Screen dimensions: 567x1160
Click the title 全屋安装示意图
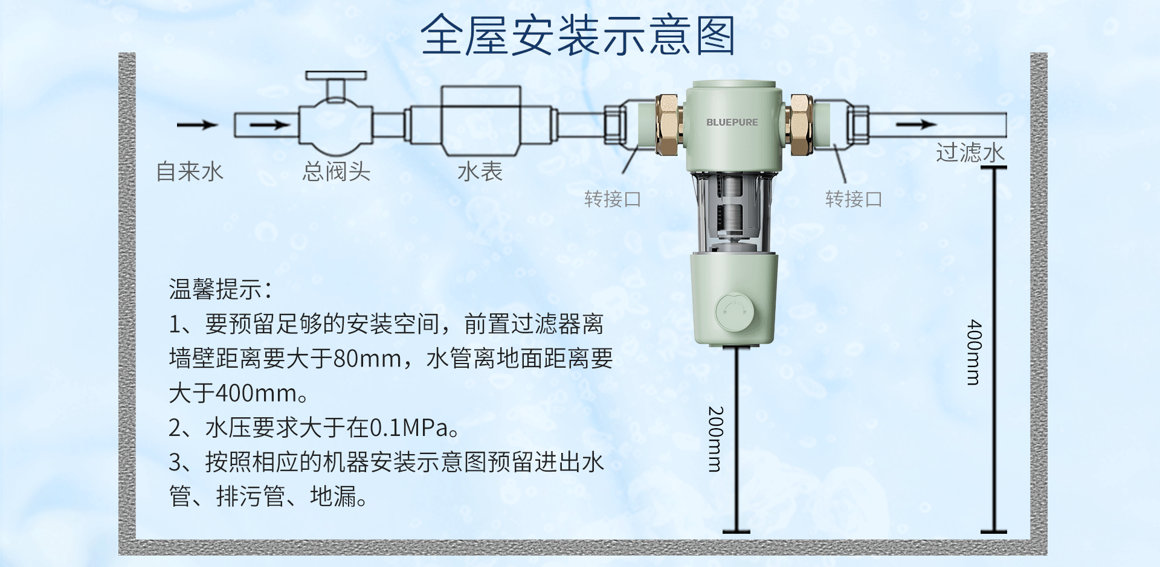(x=578, y=35)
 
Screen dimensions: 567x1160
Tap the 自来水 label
(x=190, y=171)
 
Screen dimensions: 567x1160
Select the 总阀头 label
(x=337, y=171)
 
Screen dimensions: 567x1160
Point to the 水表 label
(x=480, y=171)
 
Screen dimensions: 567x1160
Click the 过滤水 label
(x=970, y=153)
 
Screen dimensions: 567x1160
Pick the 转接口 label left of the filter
(x=612, y=199)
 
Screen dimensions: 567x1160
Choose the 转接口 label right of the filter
(x=853, y=199)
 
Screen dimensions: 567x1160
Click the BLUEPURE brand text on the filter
(x=732, y=122)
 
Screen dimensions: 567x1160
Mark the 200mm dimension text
(x=715, y=439)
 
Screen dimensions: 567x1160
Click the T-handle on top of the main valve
(x=336, y=76)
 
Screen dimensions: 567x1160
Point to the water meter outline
(x=481, y=121)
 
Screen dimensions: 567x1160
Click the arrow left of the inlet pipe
(x=197, y=125)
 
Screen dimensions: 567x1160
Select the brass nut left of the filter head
(x=668, y=124)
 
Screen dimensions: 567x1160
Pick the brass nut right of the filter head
(x=801, y=124)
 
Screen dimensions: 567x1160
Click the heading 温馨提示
(x=220, y=289)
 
